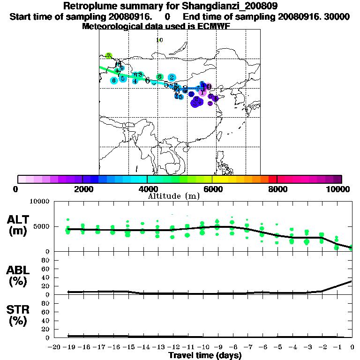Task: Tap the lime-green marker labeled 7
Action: (109, 56)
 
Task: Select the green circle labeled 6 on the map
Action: (159, 77)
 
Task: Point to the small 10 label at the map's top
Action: (159, 40)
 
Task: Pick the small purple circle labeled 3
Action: (210, 103)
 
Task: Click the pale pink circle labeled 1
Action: (202, 93)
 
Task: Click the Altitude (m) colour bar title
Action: (174, 196)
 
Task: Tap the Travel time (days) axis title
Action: (205, 355)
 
